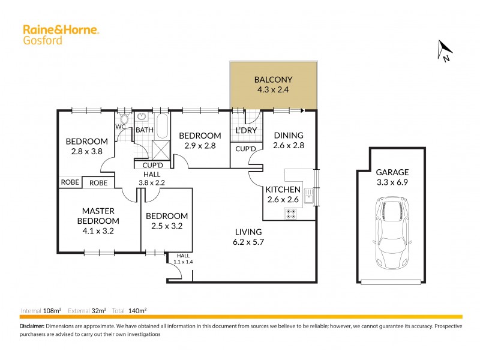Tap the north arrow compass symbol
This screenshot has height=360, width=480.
point(445,50)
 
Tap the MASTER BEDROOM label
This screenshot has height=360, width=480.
point(98,216)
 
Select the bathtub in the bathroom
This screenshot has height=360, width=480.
point(162,124)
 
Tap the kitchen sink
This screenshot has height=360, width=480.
point(309,196)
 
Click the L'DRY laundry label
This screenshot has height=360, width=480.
point(246,130)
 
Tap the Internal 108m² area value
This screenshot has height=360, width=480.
point(53,311)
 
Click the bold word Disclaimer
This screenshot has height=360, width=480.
point(32,326)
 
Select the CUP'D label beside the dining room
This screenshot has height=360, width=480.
point(245,148)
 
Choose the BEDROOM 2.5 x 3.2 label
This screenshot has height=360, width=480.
point(167,221)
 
